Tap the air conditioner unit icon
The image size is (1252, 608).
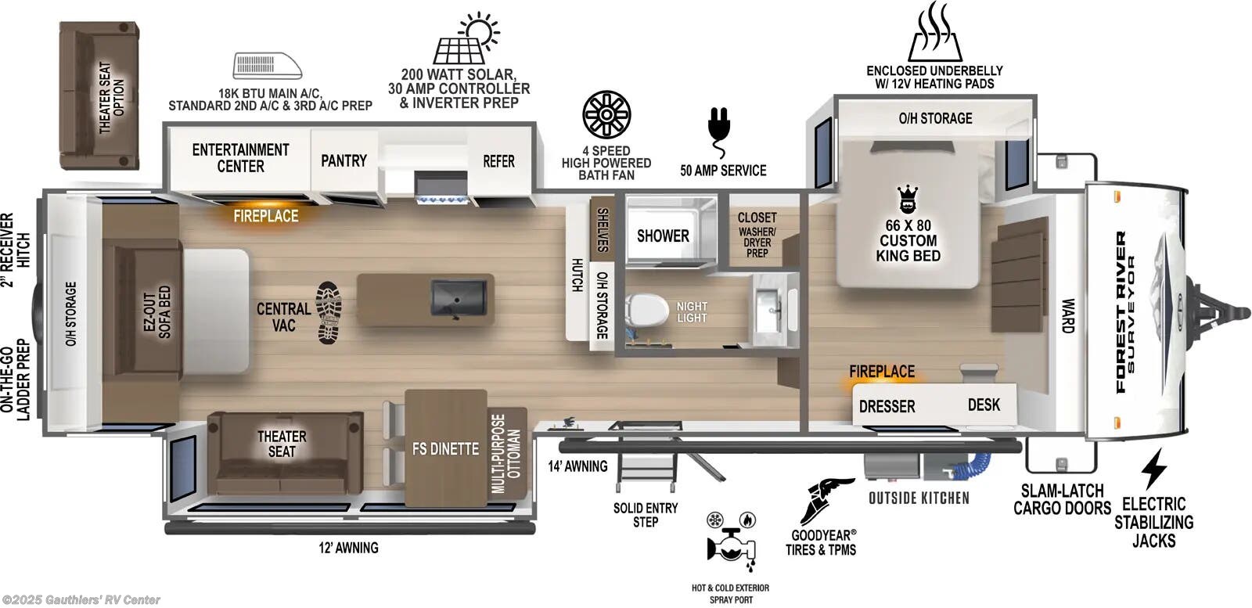tap(267, 66)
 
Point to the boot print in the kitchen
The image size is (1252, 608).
tap(329, 312)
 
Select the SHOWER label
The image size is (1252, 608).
tap(663, 236)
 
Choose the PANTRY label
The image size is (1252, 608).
tap(344, 160)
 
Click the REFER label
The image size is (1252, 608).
tap(498, 161)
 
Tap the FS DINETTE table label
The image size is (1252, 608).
tap(445, 448)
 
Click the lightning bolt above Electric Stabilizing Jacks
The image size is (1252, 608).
tap(1153, 468)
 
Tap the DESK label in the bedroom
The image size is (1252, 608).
tap(984, 404)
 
